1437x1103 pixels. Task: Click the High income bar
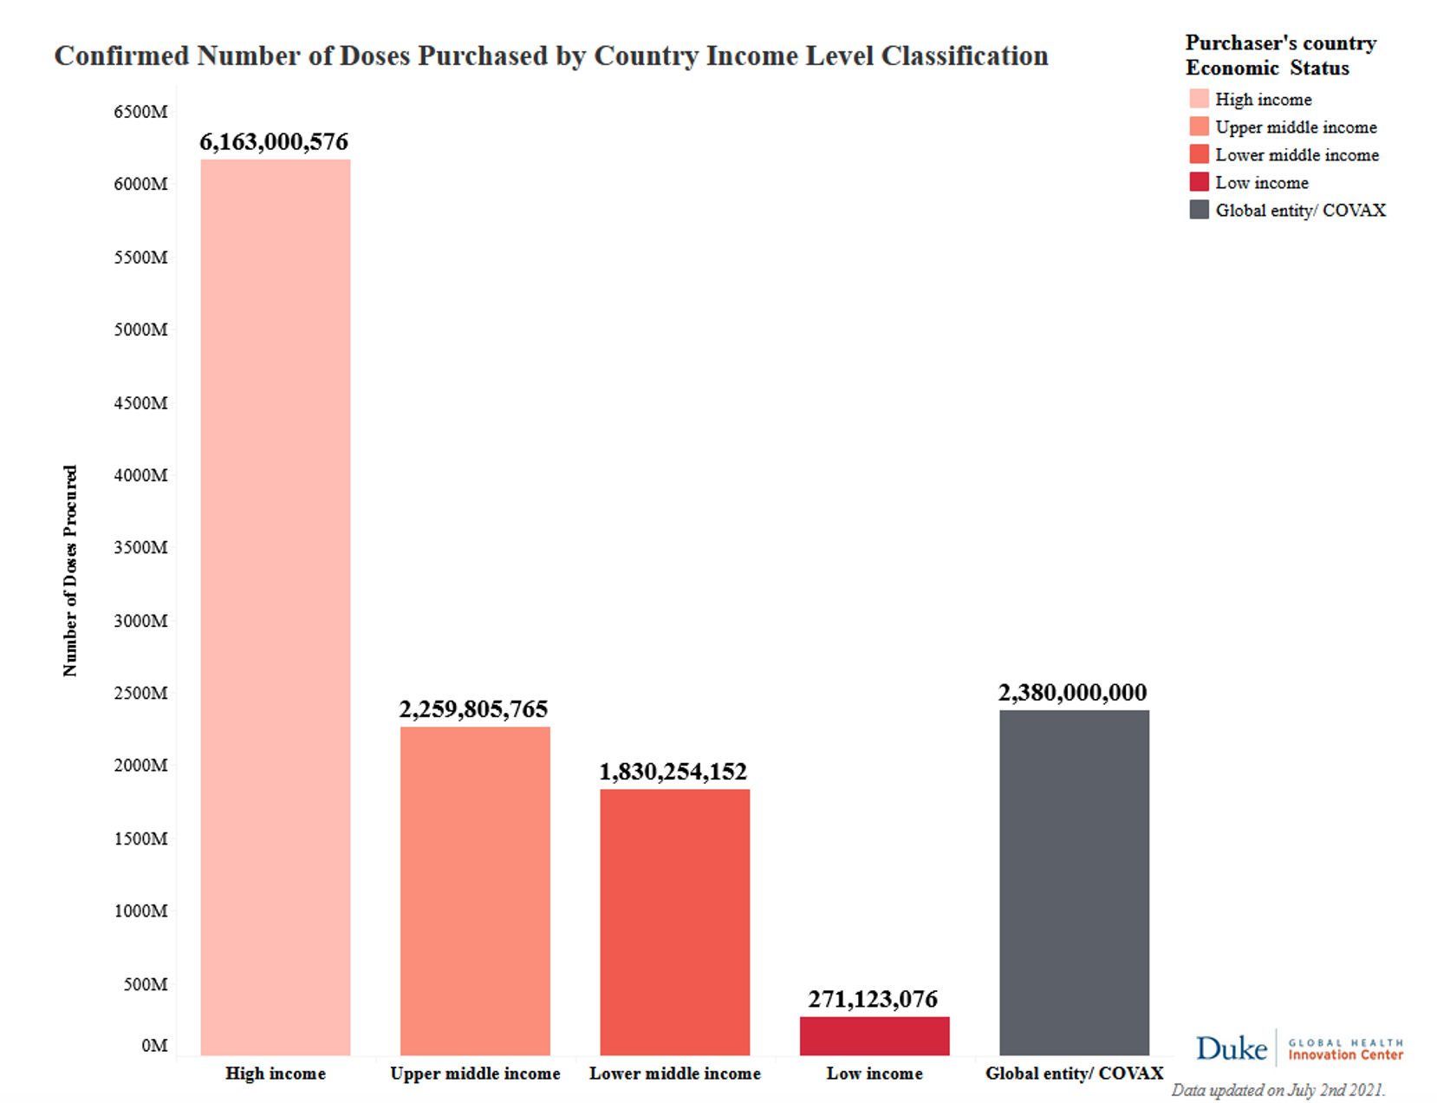tap(276, 607)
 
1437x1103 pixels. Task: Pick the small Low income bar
tap(875, 1036)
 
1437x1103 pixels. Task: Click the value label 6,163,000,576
tap(274, 142)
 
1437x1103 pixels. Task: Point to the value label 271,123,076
tap(873, 1000)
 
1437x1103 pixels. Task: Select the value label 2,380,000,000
tap(1072, 693)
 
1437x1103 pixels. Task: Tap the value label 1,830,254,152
tap(673, 772)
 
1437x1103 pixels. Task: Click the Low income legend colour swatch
tap(1199, 182)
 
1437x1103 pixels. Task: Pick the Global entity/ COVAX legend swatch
tap(1199, 210)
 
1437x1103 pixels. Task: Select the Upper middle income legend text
tap(1296, 127)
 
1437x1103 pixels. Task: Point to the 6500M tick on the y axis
tap(140, 112)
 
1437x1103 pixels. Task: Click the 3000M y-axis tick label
tap(140, 621)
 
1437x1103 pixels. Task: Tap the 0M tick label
tap(154, 1046)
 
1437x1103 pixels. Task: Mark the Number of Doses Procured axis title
tap(70, 571)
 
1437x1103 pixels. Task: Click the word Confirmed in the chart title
tap(121, 55)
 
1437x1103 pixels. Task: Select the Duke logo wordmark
tap(1231, 1048)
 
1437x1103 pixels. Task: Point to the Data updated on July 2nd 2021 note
tap(1278, 1090)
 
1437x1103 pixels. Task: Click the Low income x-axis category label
tap(875, 1074)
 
